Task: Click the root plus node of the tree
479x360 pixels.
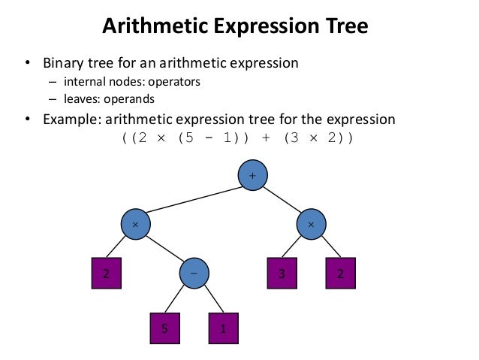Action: tap(252, 175)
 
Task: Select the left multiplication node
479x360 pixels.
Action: tap(136, 224)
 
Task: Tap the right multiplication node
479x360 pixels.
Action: tap(312, 224)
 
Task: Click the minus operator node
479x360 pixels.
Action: tap(194, 274)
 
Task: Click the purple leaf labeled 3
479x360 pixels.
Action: tap(282, 274)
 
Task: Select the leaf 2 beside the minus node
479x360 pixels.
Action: tap(106, 274)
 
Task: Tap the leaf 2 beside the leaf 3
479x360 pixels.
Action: tap(340, 274)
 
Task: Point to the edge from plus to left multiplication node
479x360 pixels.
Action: tap(194, 199)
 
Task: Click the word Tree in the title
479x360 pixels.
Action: tap(343, 27)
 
